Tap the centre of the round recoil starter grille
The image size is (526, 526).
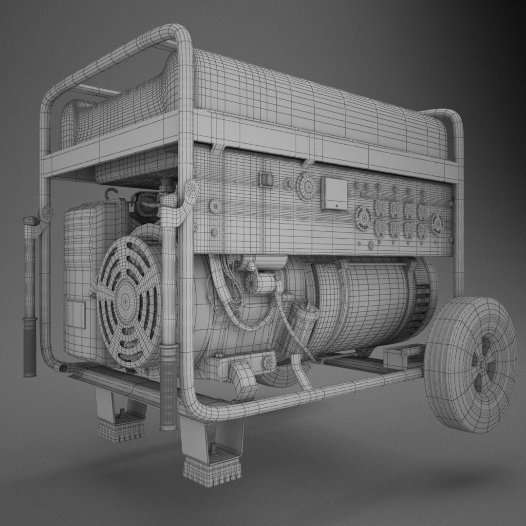click(x=126, y=301)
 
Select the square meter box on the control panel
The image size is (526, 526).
click(x=334, y=193)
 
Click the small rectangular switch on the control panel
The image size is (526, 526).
click(x=265, y=179)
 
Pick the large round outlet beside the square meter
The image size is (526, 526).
click(x=306, y=187)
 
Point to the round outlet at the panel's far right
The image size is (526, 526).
click(x=437, y=224)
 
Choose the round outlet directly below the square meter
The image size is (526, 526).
click(x=363, y=217)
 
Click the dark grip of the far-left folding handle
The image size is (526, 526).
click(x=30, y=346)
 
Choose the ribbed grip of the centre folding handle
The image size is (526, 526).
click(x=169, y=385)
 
